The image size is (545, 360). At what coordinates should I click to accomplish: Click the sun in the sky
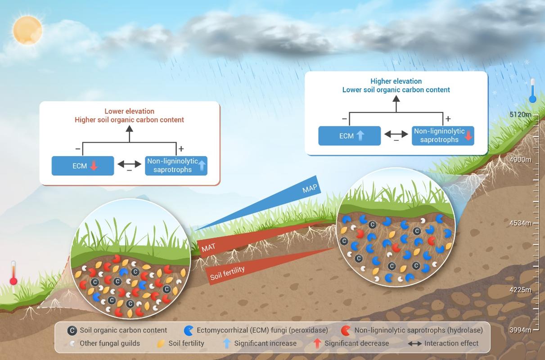[x=27, y=30]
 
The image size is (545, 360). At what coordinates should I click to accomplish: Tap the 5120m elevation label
[x=520, y=114]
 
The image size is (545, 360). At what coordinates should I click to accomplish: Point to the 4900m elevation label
[x=520, y=160]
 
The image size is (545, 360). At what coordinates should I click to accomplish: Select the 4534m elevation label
[x=520, y=223]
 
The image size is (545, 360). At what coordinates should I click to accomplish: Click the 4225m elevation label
[x=520, y=290]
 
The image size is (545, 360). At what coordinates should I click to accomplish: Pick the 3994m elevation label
[x=520, y=330]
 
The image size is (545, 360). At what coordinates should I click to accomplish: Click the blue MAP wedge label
[x=309, y=189]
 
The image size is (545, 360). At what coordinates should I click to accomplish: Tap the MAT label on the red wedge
[x=208, y=247]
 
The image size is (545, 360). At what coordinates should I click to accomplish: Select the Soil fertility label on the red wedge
[x=227, y=273]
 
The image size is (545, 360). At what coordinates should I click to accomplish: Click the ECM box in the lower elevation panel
[x=83, y=166]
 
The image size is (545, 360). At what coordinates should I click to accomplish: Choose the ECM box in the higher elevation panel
[x=349, y=136]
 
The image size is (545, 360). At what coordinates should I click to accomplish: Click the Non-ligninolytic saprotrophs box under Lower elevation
[x=176, y=166]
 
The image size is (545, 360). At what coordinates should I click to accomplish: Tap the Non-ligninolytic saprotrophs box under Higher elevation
[x=443, y=135]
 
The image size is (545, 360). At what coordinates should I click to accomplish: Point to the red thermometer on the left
[x=14, y=273]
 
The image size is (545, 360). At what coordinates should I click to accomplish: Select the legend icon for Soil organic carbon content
[x=72, y=330]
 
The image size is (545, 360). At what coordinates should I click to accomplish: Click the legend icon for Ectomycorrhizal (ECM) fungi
[x=189, y=330]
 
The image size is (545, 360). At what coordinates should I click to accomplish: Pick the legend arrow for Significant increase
[x=227, y=343]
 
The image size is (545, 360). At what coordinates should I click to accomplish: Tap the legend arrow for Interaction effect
[x=414, y=343]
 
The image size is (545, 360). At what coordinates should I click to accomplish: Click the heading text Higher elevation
[x=396, y=81]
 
